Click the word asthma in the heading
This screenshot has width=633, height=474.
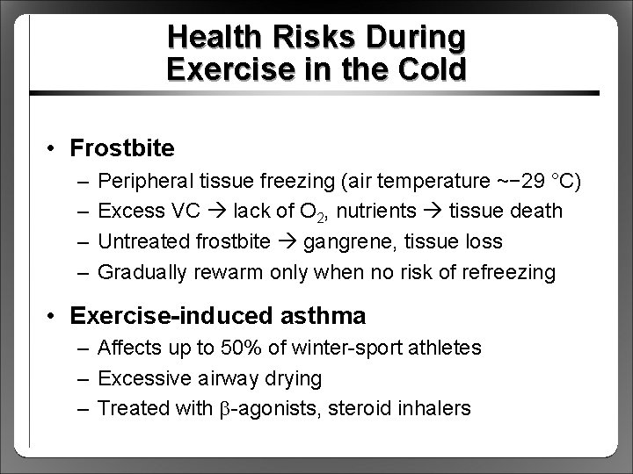[x=322, y=314]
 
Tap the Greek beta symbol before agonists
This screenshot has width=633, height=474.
[x=229, y=409]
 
